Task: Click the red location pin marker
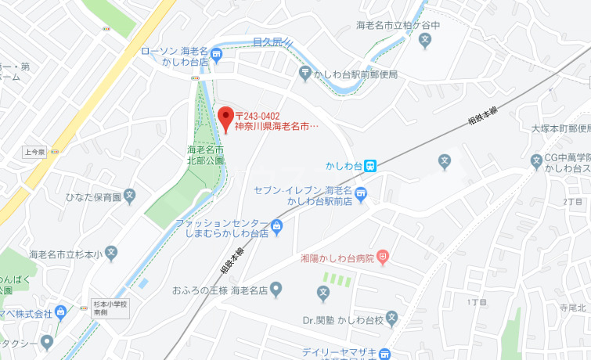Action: [225, 118]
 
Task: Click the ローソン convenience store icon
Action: [217, 55]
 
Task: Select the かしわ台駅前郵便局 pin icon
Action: [305, 74]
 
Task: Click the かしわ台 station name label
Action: [344, 166]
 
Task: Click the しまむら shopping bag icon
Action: [276, 228]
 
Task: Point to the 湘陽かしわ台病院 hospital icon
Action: [382, 256]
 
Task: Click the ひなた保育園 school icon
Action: [130, 196]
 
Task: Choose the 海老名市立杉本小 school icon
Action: [112, 254]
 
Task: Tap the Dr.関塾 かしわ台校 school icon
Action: [392, 319]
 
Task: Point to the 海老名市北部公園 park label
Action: [206, 154]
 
